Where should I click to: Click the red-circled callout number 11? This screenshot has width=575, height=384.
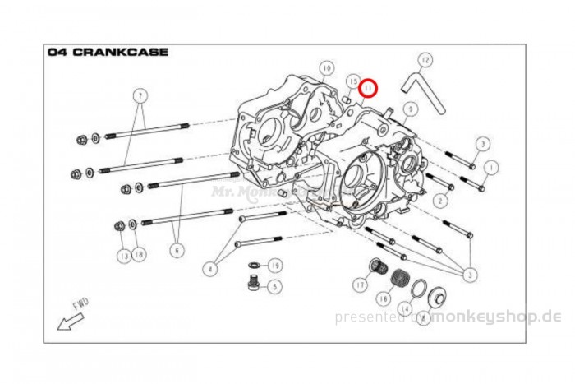368,86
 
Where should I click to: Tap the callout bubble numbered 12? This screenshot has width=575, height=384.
424,60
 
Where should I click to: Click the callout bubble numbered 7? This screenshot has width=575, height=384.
140,95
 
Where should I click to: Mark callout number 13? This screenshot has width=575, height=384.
123,257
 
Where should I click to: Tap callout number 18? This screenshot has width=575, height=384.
139,256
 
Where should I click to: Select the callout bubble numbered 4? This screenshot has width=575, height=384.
211,268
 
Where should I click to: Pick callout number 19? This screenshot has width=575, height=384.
275,266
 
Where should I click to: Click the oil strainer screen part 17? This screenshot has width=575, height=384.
378,268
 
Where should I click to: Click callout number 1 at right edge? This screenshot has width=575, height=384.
490,167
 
